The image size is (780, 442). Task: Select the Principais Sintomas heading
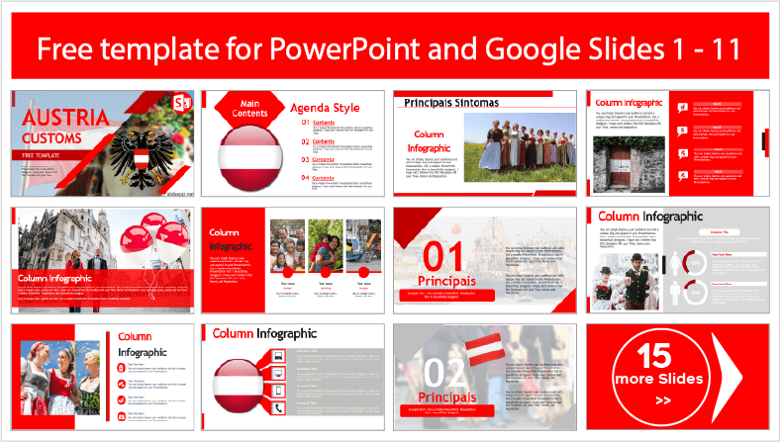[443, 102]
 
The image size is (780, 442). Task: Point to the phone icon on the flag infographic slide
[278, 407]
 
